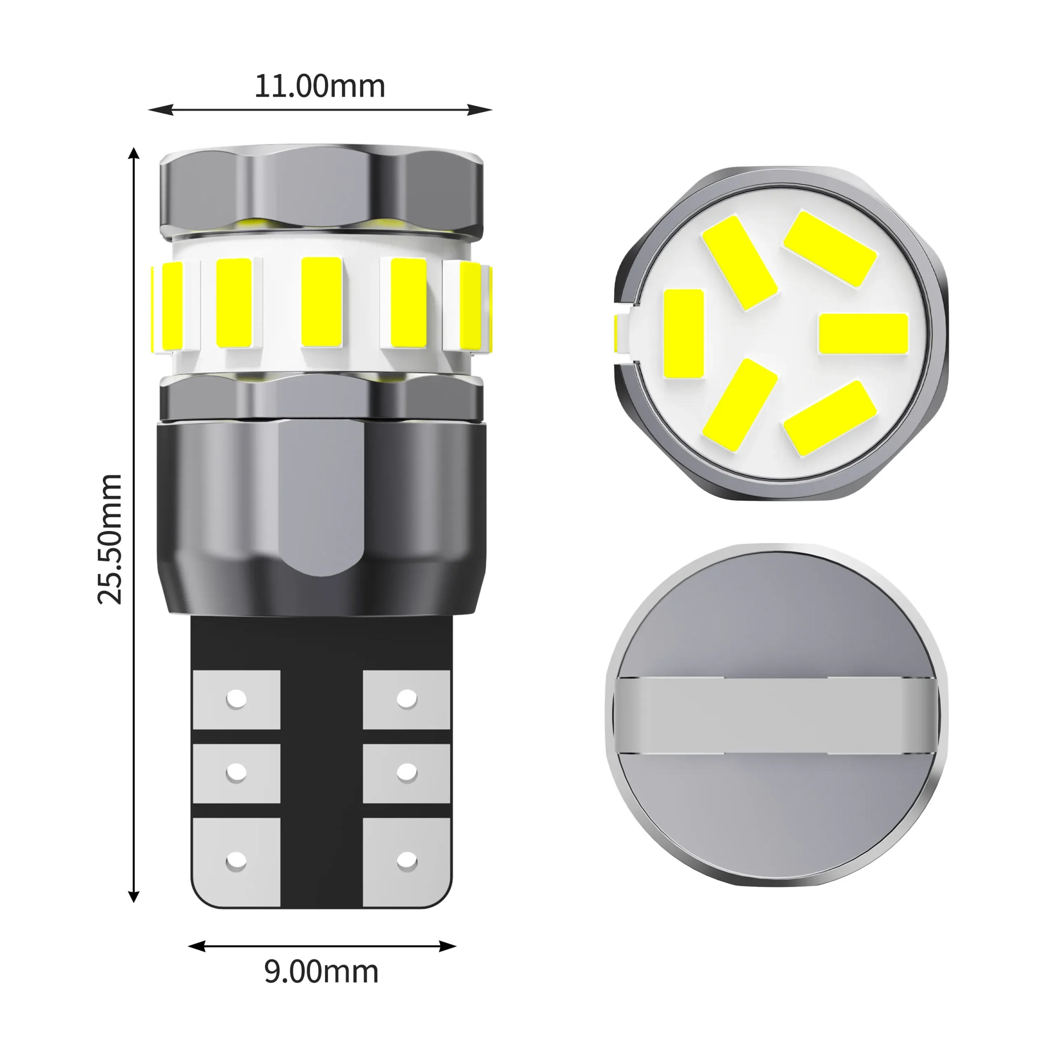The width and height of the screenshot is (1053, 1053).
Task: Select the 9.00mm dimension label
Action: (321, 972)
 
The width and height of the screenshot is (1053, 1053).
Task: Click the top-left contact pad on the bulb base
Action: (237, 699)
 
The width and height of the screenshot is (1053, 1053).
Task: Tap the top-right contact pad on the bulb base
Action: (406, 699)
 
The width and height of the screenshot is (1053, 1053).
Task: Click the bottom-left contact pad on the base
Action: (237, 862)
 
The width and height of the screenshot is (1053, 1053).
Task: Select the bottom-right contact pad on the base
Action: (406, 862)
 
